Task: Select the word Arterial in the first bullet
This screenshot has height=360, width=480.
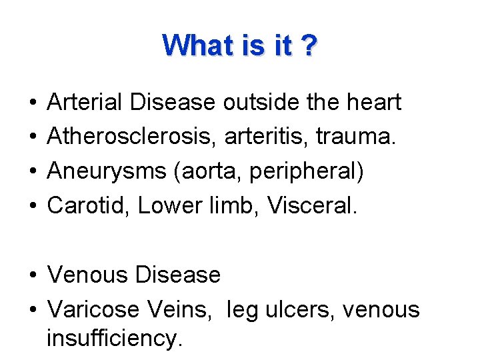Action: click(x=85, y=103)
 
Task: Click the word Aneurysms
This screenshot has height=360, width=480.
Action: click(x=107, y=172)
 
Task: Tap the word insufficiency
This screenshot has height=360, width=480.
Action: click(x=114, y=339)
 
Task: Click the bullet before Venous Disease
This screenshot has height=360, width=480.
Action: click(x=33, y=275)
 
